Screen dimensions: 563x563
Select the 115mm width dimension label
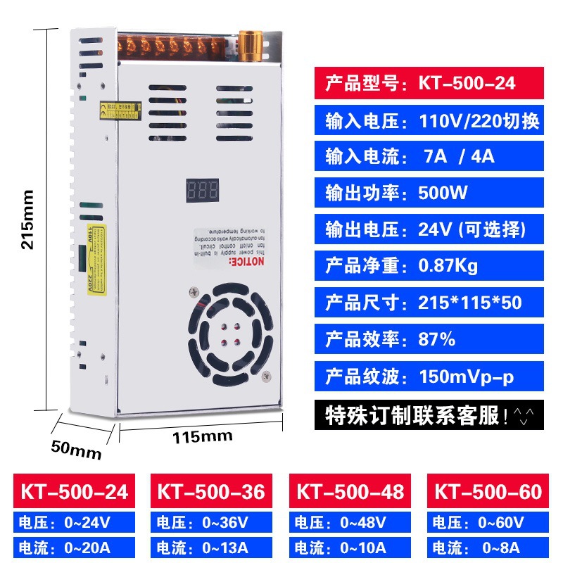[203, 436]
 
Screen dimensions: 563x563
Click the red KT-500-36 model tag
[211, 491]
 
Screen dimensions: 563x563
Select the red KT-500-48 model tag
[349, 491]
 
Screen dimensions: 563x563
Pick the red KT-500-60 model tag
[488, 491]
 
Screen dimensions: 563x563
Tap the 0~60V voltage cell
[488, 522]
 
